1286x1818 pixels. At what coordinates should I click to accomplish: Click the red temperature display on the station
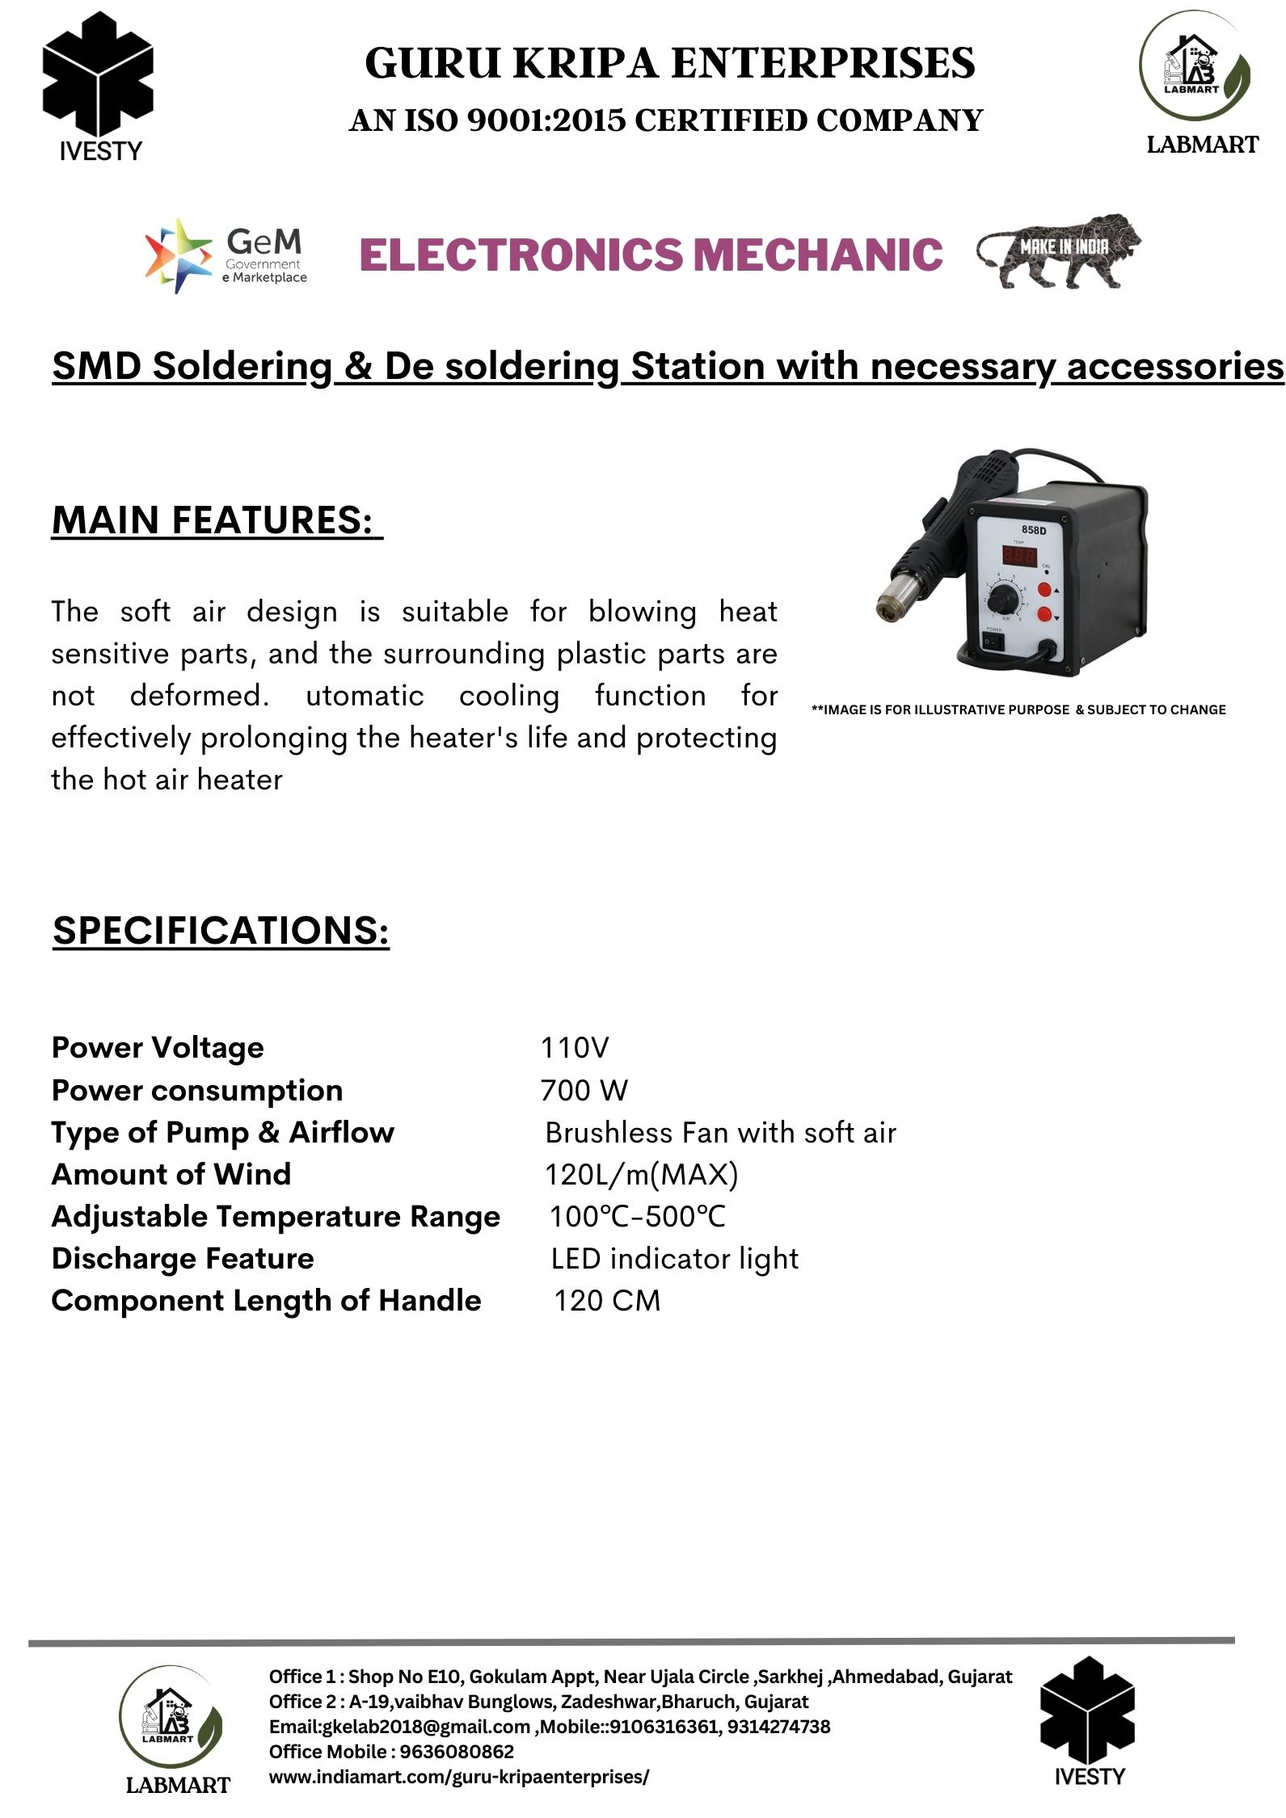point(1020,555)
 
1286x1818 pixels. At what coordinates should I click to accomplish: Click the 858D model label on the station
point(1033,530)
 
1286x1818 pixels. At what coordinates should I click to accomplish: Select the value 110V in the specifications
point(574,1047)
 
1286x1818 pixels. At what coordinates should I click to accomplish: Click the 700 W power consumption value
point(584,1090)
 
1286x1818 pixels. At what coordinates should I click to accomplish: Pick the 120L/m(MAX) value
point(641,1174)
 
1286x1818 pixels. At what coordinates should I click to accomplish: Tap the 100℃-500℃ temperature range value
point(638,1216)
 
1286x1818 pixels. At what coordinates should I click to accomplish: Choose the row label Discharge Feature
point(183,1258)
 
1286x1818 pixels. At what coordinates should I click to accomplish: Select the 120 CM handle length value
point(607,1300)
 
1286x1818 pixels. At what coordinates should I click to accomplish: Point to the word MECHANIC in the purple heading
point(818,255)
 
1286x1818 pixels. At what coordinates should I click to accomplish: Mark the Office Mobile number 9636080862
point(457,1752)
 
